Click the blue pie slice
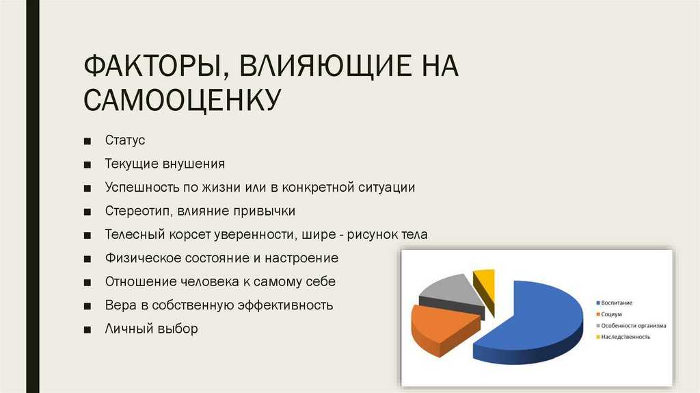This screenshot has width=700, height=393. pyautogui.click(x=531, y=320)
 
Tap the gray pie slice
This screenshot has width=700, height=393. pyautogui.click(x=451, y=293)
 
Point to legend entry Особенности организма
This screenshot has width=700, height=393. pyautogui.click(x=631, y=325)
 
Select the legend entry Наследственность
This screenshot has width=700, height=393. pyautogui.click(x=623, y=337)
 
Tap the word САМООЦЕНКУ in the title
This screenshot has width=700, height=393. pyautogui.click(x=182, y=99)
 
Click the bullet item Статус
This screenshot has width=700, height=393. pyautogui.click(x=125, y=140)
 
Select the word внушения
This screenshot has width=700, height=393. pyautogui.click(x=193, y=164)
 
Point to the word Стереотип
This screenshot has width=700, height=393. pyautogui.click(x=137, y=211)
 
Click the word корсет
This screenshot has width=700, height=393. pyautogui.click(x=190, y=235)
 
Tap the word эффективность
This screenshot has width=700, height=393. pyautogui.click(x=285, y=305)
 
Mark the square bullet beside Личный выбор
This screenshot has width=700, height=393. pyautogui.click(x=87, y=330)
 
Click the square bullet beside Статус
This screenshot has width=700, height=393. pyautogui.click(x=87, y=141)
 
